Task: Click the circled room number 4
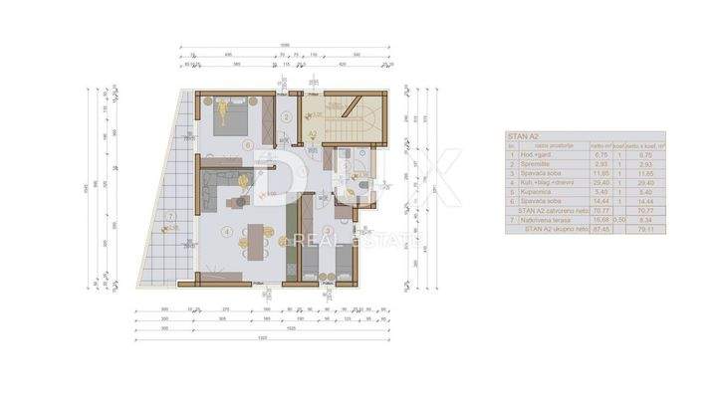(228, 233)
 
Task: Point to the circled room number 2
(286, 117)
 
